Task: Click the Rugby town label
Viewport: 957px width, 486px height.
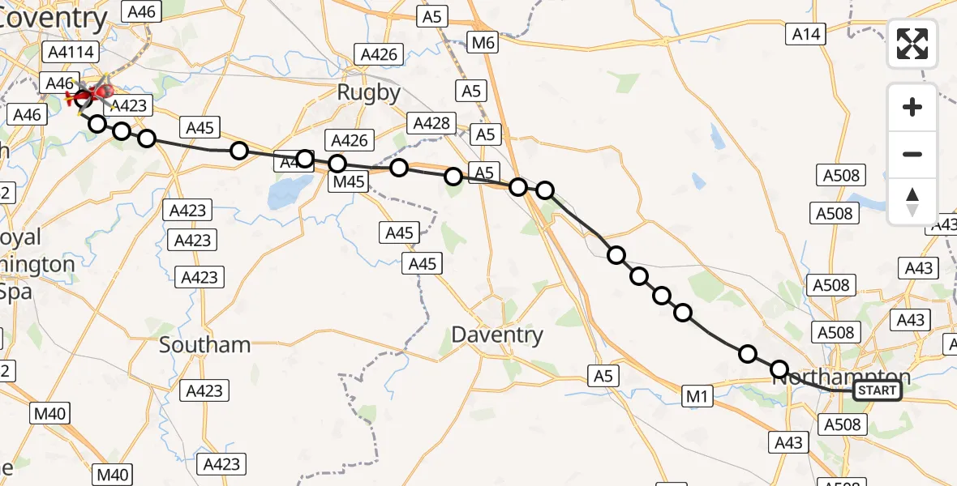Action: point(369,92)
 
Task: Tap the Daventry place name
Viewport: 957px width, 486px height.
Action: point(496,335)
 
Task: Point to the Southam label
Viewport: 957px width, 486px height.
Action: point(204,344)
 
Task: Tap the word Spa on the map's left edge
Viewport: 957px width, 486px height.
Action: point(16,292)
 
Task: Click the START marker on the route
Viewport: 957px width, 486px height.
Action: point(878,391)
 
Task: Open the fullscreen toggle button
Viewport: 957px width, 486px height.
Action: point(912,43)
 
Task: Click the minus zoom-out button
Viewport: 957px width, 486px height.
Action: point(912,154)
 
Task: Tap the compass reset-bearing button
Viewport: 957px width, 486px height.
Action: point(912,201)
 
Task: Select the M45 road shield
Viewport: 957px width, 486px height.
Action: point(349,182)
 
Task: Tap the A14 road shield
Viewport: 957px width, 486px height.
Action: point(806,34)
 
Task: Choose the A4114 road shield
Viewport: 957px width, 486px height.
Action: point(72,53)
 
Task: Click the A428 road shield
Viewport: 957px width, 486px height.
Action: point(431,123)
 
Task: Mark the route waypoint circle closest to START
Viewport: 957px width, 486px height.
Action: point(779,370)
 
